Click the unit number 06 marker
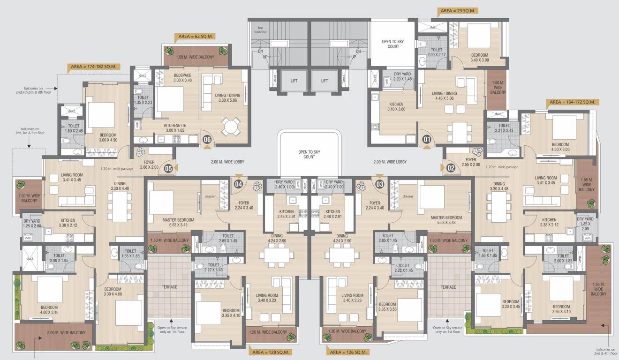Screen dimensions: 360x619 pos(207,139)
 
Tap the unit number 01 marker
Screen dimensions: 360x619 pos(426,139)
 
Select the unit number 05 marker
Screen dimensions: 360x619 pos(168,167)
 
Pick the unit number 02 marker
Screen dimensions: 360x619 pos(451,167)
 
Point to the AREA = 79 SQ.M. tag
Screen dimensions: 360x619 pos(457,10)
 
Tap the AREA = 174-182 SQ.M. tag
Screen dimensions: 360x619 pos(93,67)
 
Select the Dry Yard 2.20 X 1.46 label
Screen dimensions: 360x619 pos(402,76)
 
